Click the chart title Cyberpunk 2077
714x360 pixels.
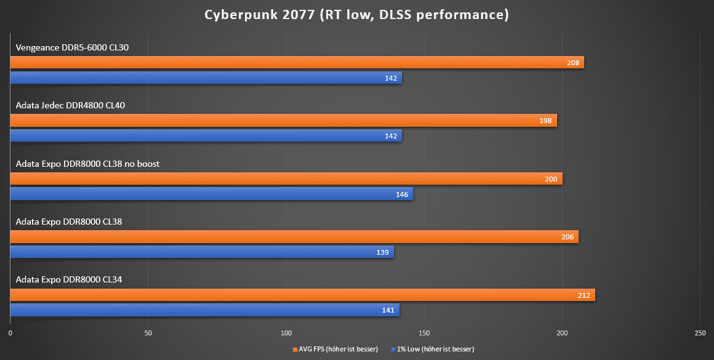click(357, 15)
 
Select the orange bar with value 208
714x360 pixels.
click(295, 62)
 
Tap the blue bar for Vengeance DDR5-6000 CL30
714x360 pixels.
click(206, 78)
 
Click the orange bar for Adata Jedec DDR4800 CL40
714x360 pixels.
click(283, 121)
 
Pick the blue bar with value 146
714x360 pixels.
click(211, 194)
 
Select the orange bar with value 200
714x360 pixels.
click(286, 179)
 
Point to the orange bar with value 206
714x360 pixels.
click(294, 237)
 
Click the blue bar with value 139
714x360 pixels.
click(202, 252)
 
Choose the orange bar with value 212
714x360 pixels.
click(302, 295)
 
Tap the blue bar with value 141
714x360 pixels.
click(204, 310)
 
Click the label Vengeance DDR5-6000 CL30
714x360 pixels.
click(73, 47)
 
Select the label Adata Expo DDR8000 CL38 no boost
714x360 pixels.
click(87, 164)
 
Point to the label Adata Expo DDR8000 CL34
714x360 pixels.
click(69, 280)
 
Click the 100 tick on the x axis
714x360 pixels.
click(286, 333)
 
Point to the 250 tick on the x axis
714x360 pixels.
click(700, 333)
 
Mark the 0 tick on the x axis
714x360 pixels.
click(10, 333)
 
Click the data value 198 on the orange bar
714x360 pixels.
click(545, 121)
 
